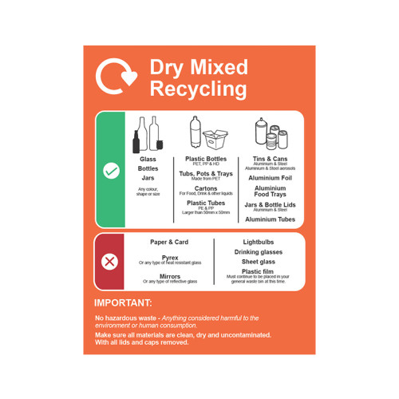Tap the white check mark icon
[111, 171]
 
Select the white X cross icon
[110, 261]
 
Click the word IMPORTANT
[123, 303]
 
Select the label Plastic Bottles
[206, 158]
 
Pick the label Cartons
[206, 188]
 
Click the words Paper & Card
[169, 242]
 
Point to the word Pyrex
[170, 257]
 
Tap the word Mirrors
[170, 276]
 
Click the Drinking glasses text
[259, 251]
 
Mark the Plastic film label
[259, 271]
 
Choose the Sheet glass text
[259, 261]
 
